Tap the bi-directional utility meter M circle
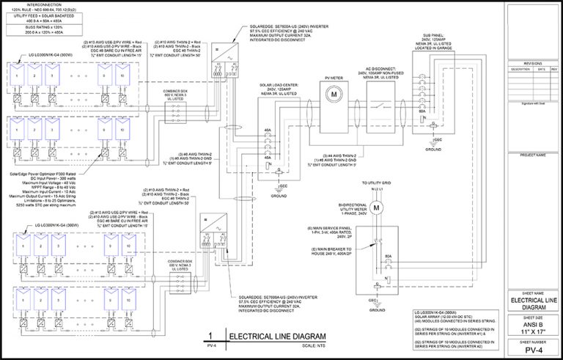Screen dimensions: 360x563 tap(378, 207)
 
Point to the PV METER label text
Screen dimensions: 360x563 tap(332, 75)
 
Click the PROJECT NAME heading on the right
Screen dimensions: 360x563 tap(533, 155)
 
